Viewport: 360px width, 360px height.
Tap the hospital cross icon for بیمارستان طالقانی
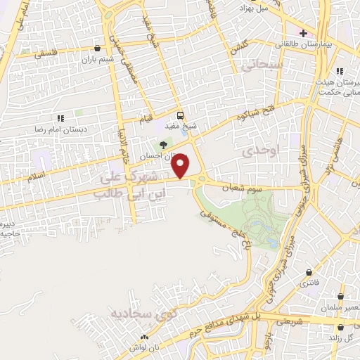coord(303,33)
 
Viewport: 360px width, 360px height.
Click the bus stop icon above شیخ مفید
coord(180,115)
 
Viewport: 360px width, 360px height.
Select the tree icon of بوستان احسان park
coord(164,145)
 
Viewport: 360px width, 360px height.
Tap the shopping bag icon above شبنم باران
coord(96,49)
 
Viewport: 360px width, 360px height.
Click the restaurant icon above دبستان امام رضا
coord(61,119)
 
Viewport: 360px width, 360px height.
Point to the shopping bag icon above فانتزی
coord(309,273)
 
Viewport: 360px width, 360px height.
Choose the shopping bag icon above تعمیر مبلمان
coord(340,297)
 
